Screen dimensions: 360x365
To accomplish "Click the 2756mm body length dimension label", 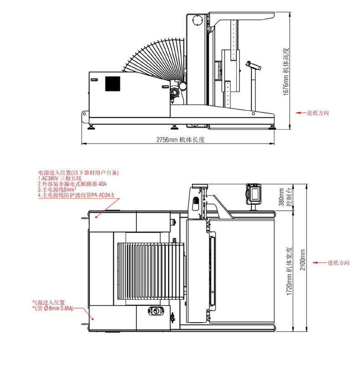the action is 181,140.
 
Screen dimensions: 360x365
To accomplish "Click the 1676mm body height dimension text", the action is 286,72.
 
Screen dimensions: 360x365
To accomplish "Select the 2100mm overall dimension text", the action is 303,260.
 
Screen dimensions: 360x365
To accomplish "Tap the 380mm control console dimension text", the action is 286,197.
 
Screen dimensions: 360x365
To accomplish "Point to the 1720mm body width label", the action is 289,271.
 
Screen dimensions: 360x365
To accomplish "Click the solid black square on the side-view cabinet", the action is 113,84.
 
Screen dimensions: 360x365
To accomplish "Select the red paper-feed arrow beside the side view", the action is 301,113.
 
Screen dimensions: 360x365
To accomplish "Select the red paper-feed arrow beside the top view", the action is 319,263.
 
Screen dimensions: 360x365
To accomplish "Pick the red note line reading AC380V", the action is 60,178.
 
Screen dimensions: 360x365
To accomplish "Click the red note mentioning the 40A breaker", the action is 72,184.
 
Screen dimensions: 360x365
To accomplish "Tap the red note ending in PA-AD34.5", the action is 76,195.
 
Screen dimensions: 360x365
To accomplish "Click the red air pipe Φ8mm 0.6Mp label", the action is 53,308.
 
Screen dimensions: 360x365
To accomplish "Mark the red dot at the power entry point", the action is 96,217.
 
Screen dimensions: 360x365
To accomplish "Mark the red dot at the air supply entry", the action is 93,319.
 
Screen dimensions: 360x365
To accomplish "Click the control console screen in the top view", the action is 255,193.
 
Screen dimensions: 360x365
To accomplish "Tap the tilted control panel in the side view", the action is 253,65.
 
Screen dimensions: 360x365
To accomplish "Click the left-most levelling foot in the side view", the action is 91,127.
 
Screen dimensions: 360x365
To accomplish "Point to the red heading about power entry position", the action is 78,173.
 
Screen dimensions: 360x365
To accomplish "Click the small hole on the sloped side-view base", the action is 253,114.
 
